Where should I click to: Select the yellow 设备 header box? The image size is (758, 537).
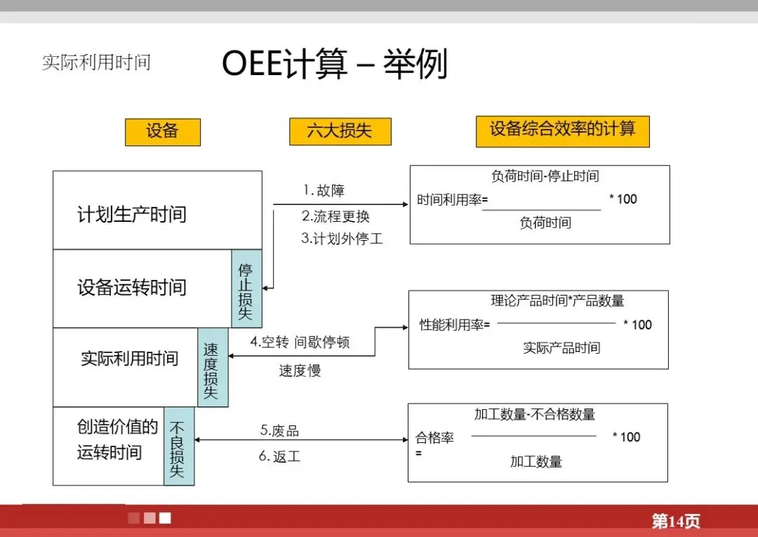[163, 132]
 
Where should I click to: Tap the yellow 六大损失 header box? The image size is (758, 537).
[340, 131]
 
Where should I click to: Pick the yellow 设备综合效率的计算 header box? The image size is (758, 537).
[562, 131]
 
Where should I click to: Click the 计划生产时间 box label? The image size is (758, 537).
[132, 214]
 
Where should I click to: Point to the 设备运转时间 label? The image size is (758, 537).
[132, 287]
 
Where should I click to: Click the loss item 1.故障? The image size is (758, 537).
[324, 190]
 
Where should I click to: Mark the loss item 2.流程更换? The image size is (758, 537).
[335, 216]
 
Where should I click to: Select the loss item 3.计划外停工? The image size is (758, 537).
[342, 238]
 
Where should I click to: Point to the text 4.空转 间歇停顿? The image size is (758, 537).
[300, 343]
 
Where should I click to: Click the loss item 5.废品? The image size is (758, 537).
[279, 430]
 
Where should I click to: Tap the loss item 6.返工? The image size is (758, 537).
[279, 456]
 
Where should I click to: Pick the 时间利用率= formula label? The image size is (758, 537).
[452, 199]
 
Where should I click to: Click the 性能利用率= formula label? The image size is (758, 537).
[455, 324]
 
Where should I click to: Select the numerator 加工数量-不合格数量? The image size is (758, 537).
[535, 414]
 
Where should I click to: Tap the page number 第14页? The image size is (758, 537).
[675, 521]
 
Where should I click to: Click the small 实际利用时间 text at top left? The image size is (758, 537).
[96, 62]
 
